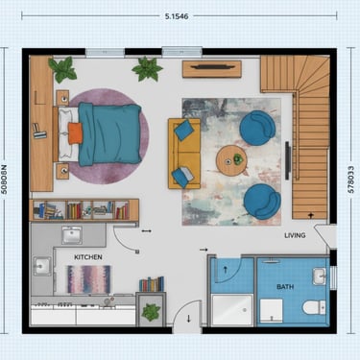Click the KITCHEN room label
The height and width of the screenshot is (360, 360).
88,257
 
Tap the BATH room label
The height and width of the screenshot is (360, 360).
285,287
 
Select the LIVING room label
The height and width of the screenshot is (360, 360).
295,235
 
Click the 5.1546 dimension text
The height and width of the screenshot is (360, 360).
177,16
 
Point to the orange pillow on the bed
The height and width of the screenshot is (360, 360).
75,133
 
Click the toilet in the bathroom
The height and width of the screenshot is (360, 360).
314,307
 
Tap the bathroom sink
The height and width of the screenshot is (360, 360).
319,276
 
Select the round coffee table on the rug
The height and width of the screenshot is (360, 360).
231,160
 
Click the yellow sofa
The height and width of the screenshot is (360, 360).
184,154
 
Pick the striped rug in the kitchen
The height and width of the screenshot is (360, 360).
89,279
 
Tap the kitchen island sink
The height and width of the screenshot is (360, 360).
72,235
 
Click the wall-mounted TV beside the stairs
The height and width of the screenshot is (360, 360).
288,160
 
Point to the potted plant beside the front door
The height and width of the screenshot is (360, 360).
151,312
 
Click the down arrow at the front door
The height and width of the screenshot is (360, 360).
188,319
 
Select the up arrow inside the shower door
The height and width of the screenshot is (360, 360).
225,270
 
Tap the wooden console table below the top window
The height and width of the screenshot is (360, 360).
212,69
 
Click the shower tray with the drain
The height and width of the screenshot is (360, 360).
232,310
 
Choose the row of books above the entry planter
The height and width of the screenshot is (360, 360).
152,284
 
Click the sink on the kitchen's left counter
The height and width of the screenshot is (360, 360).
42,266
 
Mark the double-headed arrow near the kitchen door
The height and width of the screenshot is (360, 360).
147,230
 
